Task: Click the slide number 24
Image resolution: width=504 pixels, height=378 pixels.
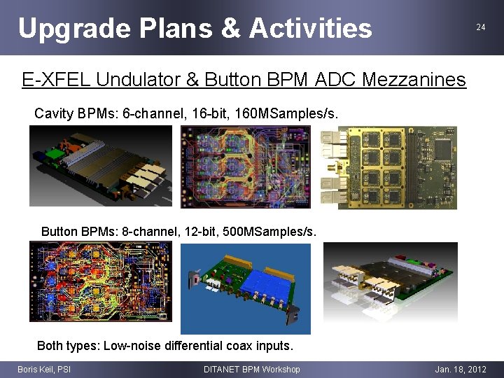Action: tap(480, 27)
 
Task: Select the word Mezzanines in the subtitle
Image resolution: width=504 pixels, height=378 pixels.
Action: tap(414, 80)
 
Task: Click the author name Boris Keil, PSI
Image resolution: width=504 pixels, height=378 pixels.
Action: tap(44, 369)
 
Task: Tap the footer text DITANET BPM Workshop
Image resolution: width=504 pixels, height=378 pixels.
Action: tap(251, 369)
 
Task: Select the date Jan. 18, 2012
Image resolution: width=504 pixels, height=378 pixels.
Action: tap(460, 369)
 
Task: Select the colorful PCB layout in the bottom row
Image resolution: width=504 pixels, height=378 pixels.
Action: tap(99, 281)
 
